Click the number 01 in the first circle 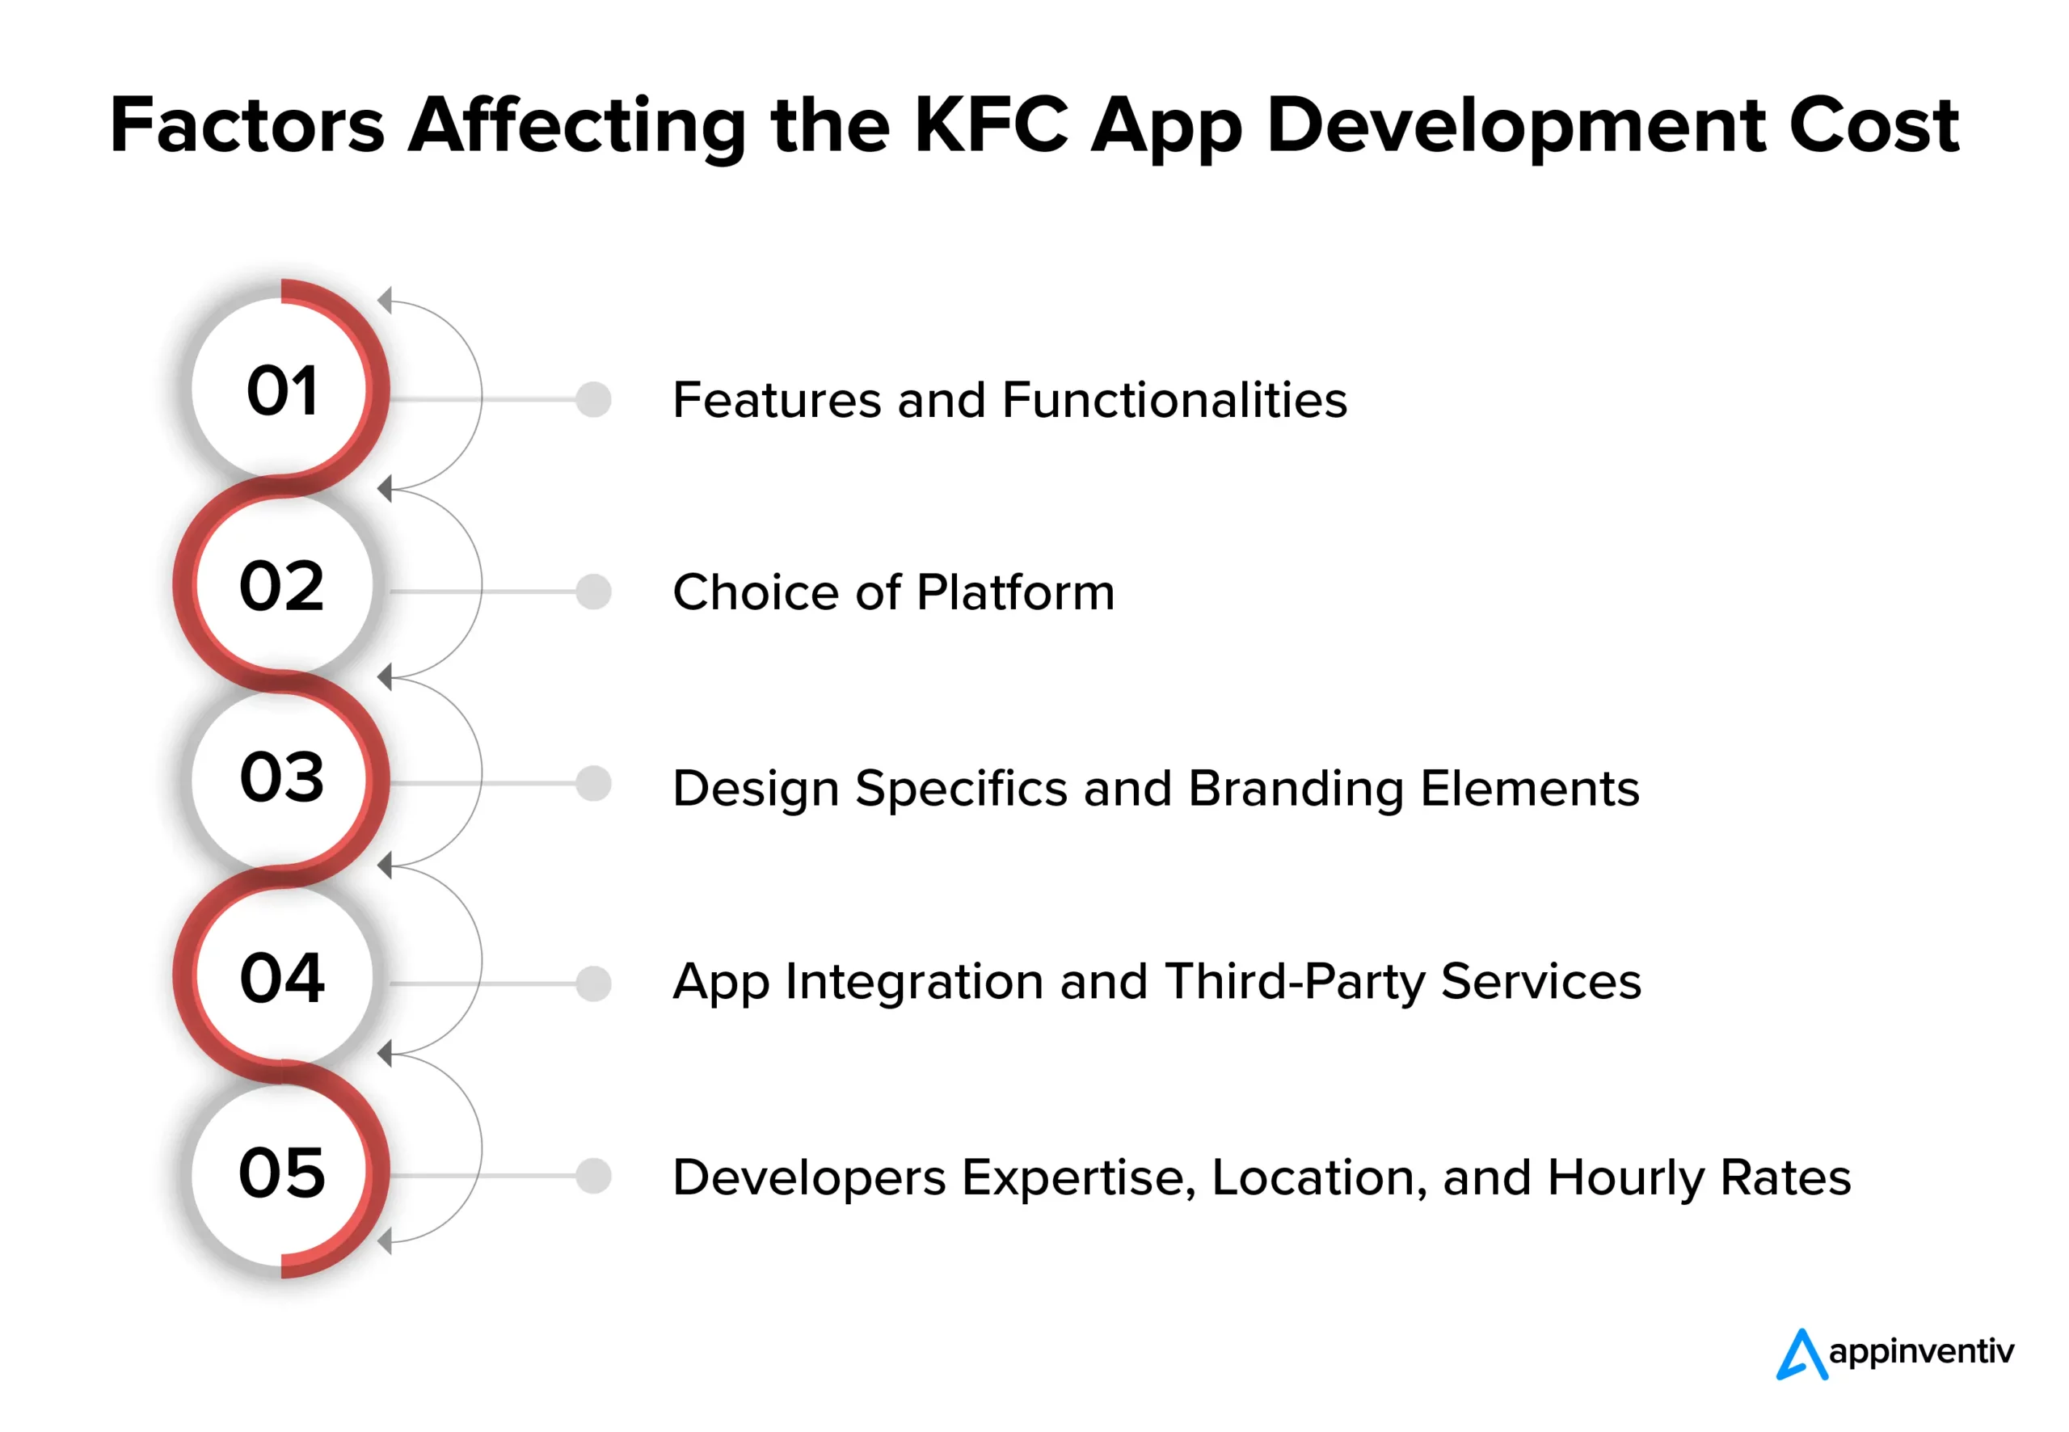282,390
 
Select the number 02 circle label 282,586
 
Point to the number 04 282,977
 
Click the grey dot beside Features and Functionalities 593,399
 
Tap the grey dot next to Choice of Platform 593,592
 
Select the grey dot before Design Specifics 593,783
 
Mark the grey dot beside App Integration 593,983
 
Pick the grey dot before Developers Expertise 593,1175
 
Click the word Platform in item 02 1016,592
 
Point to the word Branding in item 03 1296,790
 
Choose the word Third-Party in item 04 1295,983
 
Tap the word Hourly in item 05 1626,1178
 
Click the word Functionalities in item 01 1174,399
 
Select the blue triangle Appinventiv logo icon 1801,1354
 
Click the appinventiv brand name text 1921,1352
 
